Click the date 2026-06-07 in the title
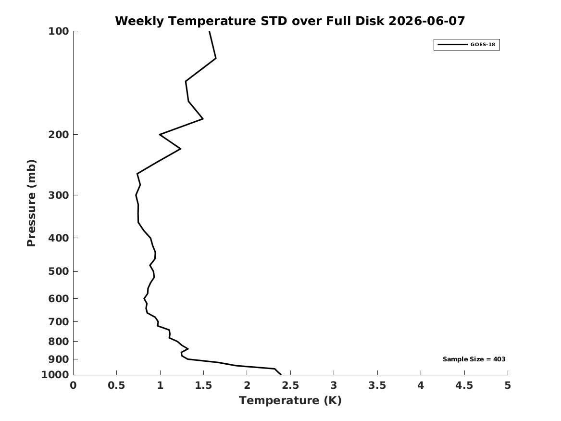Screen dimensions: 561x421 click(x=426, y=21)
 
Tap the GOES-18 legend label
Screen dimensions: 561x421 click(x=483, y=44)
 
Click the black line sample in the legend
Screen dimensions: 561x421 click(x=452, y=44)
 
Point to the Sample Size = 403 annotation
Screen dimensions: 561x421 click(x=474, y=359)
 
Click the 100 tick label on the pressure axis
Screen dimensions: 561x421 click(x=58, y=31)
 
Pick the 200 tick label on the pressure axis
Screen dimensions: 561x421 click(x=58, y=135)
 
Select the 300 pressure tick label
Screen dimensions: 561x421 click(x=58, y=195)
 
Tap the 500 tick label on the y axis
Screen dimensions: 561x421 click(x=58, y=271)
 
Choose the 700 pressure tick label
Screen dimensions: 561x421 click(x=58, y=321)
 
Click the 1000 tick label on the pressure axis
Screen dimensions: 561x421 click(x=55, y=375)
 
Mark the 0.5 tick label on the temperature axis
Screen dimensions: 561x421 click(x=117, y=385)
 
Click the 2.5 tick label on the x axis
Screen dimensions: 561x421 click(x=290, y=385)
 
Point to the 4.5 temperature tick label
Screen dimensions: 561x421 click(x=464, y=385)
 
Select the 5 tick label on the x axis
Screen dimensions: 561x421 click(x=508, y=385)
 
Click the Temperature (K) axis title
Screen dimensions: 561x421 click(x=290, y=400)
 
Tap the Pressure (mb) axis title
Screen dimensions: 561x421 click(x=31, y=203)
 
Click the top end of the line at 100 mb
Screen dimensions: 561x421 click(x=210, y=31)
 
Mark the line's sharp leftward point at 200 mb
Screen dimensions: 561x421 click(x=160, y=135)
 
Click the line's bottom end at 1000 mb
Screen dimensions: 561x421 click(x=281, y=375)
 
